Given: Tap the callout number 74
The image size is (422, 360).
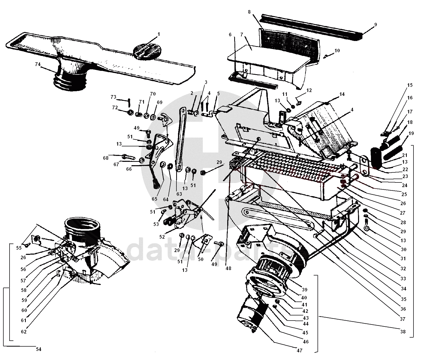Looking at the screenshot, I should (x=38, y=65).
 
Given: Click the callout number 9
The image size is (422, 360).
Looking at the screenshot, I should (x=376, y=25).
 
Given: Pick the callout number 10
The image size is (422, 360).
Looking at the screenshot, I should (x=337, y=51).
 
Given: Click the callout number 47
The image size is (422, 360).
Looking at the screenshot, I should (x=299, y=350).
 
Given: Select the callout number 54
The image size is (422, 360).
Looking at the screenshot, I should (x=38, y=349).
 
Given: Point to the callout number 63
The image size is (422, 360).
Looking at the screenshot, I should (x=179, y=194).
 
